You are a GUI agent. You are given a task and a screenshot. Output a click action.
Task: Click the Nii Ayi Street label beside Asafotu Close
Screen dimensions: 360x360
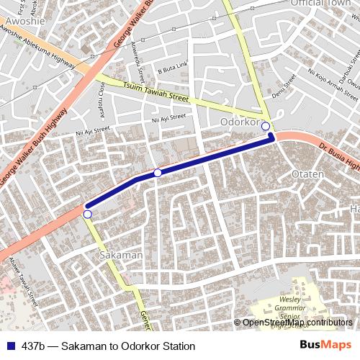coord(92,131)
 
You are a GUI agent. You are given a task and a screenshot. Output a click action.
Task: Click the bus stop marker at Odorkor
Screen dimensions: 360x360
coord(266,127)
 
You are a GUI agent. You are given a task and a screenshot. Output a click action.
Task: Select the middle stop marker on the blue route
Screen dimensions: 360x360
coord(158,173)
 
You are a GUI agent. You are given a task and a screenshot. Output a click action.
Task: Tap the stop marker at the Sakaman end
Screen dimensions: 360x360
coord(87,214)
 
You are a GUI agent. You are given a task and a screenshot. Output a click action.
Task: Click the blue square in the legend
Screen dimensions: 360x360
coord(11,346)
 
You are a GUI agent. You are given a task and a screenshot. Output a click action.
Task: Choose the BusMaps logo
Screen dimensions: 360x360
coord(325,346)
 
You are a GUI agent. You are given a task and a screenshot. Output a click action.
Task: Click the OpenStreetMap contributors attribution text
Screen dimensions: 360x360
coord(296,323)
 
